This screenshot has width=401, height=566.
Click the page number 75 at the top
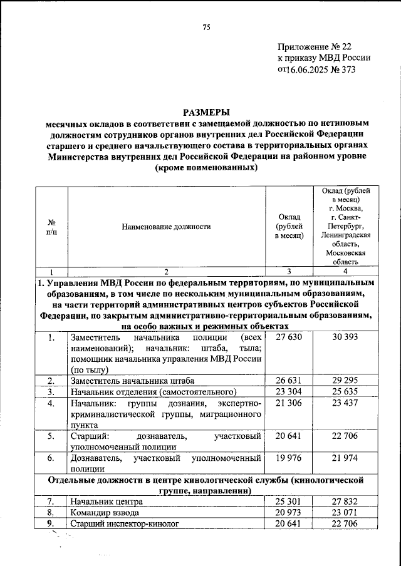pyautogui.click(x=206, y=26)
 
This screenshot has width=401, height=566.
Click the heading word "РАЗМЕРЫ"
pyautogui.click(x=205, y=112)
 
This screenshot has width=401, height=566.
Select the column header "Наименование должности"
pyautogui.click(x=166, y=227)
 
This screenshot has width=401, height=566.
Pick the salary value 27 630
pyautogui.click(x=289, y=337)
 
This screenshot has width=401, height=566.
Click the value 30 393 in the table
pyautogui.click(x=344, y=337)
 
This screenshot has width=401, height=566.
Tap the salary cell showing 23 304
pyautogui.click(x=289, y=392)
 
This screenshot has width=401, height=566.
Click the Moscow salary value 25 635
pyautogui.click(x=344, y=392)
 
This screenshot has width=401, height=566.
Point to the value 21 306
pyautogui.click(x=289, y=404)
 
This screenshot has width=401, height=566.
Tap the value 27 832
pyautogui.click(x=344, y=502)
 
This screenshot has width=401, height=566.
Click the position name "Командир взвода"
pyautogui.click(x=105, y=513)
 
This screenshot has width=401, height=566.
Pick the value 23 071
pyautogui.click(x=344, y=513)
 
